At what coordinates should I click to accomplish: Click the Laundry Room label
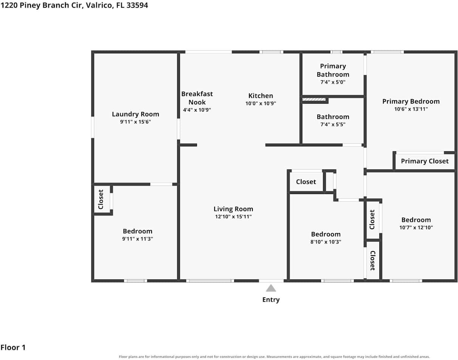pos(135,114)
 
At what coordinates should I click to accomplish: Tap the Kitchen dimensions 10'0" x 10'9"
pos(260,103)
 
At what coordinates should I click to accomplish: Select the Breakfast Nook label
pos(197,98)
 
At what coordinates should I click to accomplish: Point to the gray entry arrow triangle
pos(271,288)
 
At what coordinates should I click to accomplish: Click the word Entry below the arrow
pos(271,299)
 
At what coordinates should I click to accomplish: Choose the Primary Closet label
pos(425,161)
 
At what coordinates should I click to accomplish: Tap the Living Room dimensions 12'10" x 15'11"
pos(233,217)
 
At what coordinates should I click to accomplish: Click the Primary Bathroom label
pos(333,70)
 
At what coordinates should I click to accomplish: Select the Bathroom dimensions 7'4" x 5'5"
pos(333,124)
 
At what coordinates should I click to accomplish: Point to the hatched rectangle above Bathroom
pos(314,99)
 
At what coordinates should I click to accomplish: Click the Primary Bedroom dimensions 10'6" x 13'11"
pos(411,109)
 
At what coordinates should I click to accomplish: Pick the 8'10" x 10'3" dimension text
pos(326,242)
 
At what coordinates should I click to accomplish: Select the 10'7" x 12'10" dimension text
pos(416,228)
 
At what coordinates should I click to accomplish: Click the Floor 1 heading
pos(13,348)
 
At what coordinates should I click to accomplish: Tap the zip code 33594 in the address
pos(137,5)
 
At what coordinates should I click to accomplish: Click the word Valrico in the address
pos(99,6)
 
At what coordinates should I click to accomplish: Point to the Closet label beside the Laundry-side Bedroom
pos(101,199)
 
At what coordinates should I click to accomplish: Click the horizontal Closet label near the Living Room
pos(306,182)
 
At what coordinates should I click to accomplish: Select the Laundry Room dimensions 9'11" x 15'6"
pos(135,122)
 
